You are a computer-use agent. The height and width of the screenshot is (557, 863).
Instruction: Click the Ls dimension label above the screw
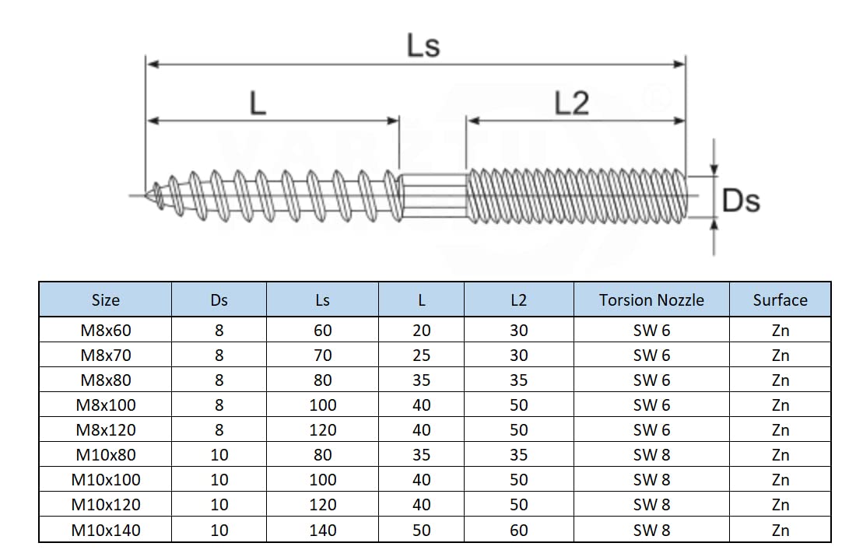[x=423, y=45]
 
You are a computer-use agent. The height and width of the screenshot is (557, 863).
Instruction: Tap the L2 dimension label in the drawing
[x=571, y=103]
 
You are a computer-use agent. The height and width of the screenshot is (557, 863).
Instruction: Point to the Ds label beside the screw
[x=741, y=201]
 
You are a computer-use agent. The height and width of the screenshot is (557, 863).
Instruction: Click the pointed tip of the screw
[x=146, y=194]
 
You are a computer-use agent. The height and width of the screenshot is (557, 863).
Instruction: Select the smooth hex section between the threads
[x=434, y=196]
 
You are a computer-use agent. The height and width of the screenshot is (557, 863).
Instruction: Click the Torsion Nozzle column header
[x=651, y=300]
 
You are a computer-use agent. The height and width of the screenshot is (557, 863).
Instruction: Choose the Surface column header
[x=780, y=300]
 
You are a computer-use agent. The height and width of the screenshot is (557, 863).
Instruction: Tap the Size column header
[x=105, y=300]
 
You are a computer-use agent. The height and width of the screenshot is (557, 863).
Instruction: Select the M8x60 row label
[x=106, y=331]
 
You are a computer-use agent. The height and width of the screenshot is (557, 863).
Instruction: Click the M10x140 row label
[x=106, y=530]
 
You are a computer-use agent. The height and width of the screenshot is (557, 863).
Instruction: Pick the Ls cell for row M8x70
[x=322, y=356]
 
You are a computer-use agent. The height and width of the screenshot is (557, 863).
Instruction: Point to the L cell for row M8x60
[x=421, y=331]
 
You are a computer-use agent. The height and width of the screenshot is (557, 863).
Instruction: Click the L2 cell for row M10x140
[x=518, y=530]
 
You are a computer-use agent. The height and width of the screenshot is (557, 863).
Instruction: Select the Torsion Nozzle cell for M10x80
[x=651, y=455]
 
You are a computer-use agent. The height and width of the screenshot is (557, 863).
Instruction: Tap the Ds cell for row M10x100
[x=219, y=480]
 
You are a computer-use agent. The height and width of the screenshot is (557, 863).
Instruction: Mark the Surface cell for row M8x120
[x=780, y=430]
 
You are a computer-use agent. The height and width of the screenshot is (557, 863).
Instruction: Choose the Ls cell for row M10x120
[x=322, y=505]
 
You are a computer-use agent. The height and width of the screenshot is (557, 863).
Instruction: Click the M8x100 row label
[x=106, y=405]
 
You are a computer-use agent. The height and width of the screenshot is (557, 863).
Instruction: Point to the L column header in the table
[x=421, y=300]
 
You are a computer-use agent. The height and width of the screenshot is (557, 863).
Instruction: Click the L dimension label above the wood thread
[x=258, y=103]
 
